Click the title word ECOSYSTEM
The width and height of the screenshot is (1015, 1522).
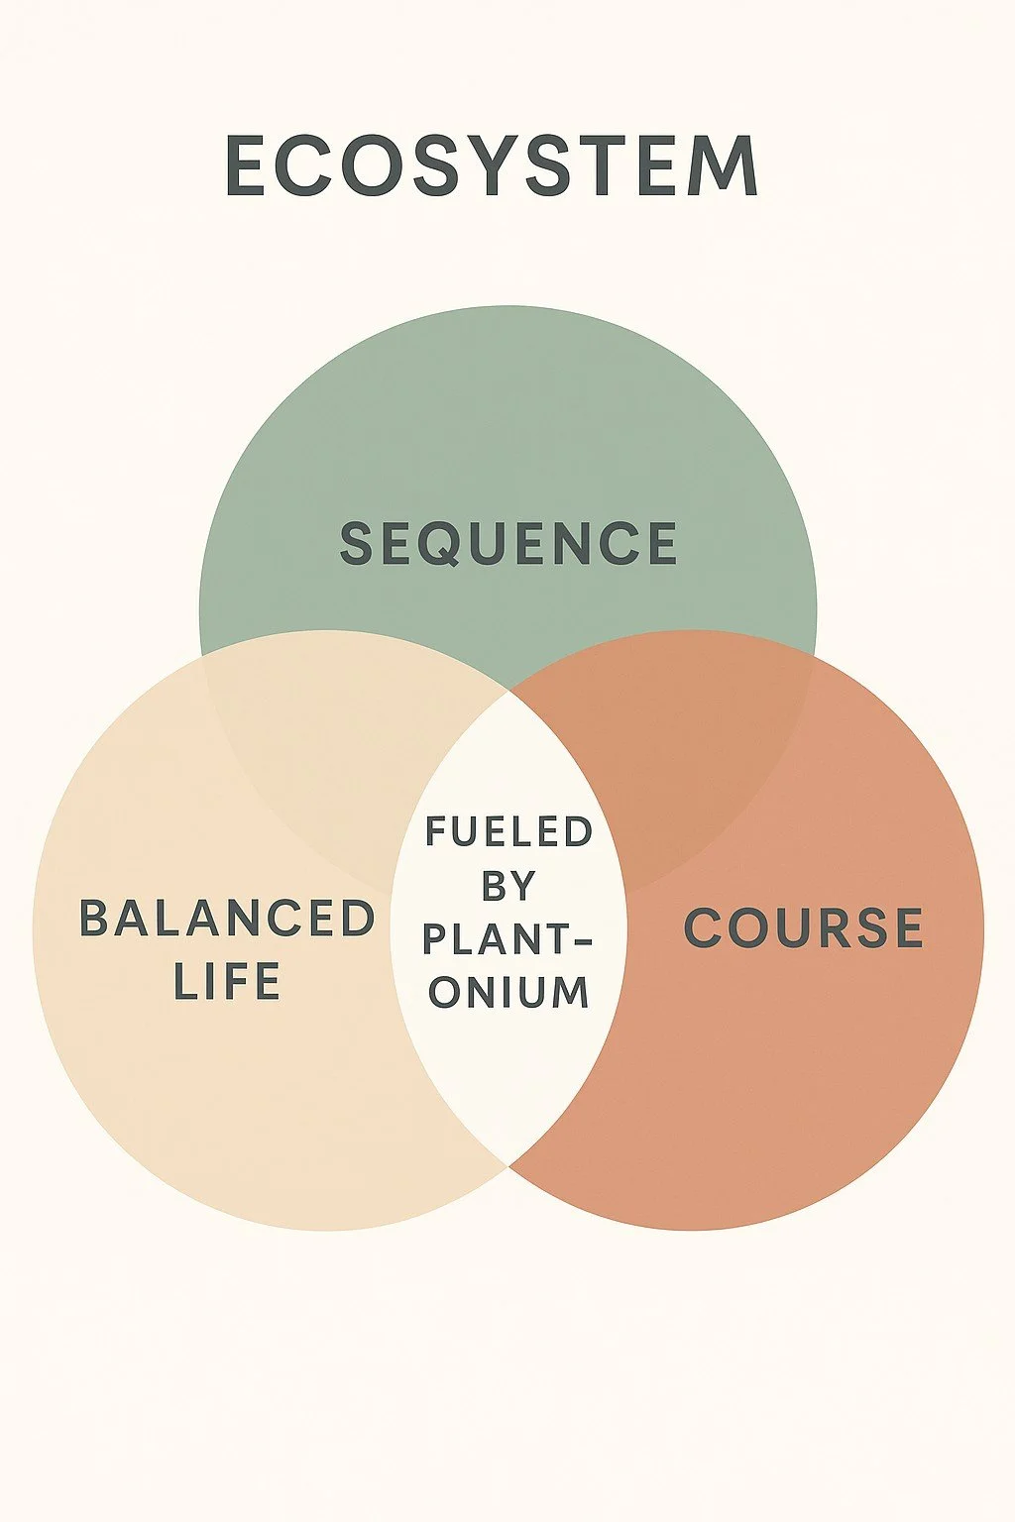tap(493, 166)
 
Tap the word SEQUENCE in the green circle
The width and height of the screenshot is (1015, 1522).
tap(508, 544)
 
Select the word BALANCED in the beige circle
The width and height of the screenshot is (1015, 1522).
tap(227, 919)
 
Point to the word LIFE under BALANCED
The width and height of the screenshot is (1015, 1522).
tap(227, 981)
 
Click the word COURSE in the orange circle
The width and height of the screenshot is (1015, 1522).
tap(804, 928)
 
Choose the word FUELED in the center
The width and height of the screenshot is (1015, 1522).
tap(509, 832)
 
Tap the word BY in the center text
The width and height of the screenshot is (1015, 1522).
tap(508, 886)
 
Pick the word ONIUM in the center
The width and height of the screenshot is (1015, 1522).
tap(509, 992)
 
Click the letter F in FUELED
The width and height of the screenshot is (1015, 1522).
tap(436, 832)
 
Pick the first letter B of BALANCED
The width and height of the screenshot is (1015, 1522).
tap(93, 919)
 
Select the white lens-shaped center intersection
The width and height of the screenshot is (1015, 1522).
tap(508, 1070)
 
